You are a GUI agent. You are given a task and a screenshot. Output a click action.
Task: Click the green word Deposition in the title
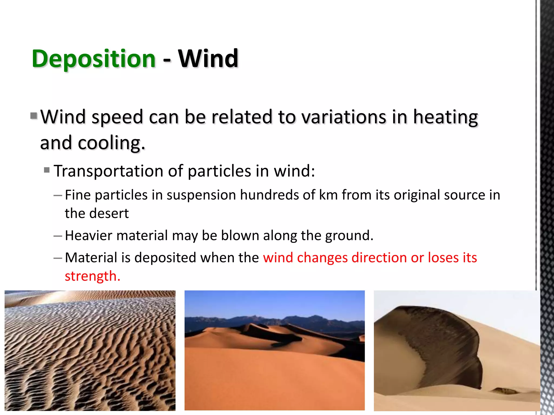[x=94, y=59]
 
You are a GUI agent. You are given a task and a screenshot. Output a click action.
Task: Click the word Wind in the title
[x=208, y=59]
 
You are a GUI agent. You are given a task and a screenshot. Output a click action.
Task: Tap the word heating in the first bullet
[x=445, y=118]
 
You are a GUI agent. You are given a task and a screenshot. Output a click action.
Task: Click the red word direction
[x=379, y=257]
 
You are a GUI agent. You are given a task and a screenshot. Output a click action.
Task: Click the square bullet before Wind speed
[x=34, y=116]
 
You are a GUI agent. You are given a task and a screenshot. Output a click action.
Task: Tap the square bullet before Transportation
[x=47, y=170]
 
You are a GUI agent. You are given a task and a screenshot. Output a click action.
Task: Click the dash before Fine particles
[x=58, y=195]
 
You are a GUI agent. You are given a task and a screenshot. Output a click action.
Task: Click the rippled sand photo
[x=90, y=350]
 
